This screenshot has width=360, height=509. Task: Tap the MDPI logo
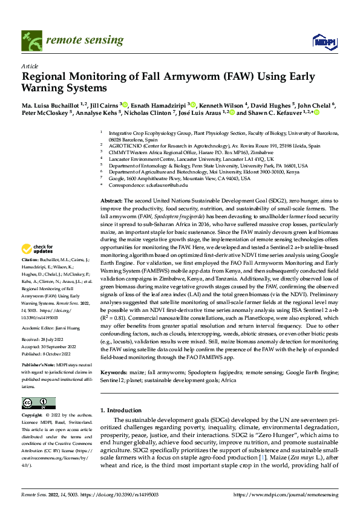coord(320,41)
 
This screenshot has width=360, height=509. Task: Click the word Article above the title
coord(29,66)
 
